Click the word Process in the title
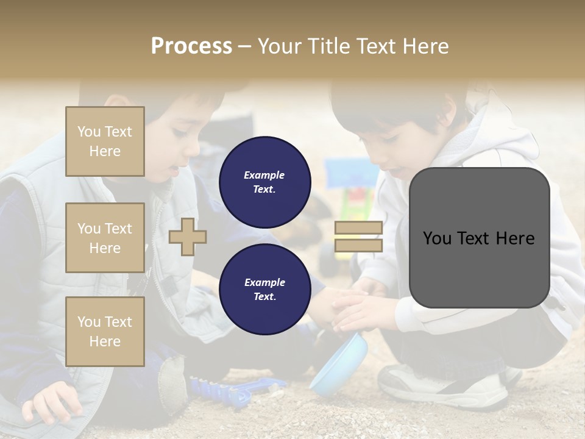click(x=191, y=46)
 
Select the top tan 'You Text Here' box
click(x=105, y=141)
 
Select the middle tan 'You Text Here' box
click(x=105, y=238)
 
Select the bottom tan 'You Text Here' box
click(x=105, y=331)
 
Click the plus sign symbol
click(x=188, y=237)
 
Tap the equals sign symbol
click(x=358, y=237)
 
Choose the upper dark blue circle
click(x=264, y=182)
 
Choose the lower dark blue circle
click(x=264, y=289)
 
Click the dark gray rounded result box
click(x=479, y=238)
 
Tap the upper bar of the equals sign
click(x=358, y=228)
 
